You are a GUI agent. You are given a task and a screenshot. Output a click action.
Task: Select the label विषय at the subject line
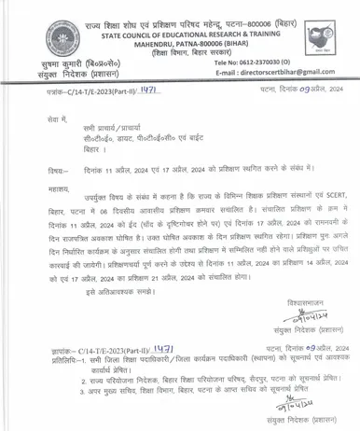tap(61, 169)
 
